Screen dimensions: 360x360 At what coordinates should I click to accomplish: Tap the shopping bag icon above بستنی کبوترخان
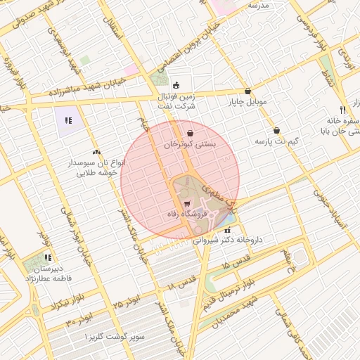(x=190, y=132)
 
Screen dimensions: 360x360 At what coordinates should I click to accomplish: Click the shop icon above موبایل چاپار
(x=247, y=91)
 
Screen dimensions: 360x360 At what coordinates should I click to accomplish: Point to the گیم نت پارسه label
(x=276, y=142)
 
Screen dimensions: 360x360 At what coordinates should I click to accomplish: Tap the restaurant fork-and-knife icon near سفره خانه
(x=342, y=110)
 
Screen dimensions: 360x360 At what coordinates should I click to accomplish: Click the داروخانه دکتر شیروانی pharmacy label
(x=227, y=240)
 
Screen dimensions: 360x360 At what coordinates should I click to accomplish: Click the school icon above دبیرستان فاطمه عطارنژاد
(x=48, y=258)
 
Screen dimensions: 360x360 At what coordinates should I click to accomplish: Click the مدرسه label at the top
(x=257, y=4)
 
